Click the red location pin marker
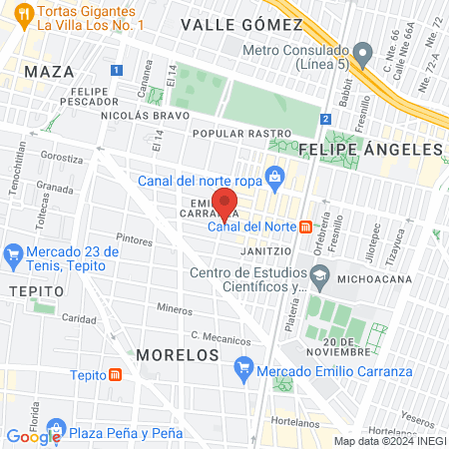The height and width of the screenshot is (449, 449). tap(226, 205)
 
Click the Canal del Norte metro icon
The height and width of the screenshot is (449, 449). tap(305, 225)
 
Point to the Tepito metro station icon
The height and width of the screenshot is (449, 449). tap(117, 375)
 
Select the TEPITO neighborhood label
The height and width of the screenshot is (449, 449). tap(36, 290)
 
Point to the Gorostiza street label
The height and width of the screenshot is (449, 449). tap(62, 158)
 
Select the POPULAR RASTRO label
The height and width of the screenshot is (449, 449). tap(241, 133)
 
